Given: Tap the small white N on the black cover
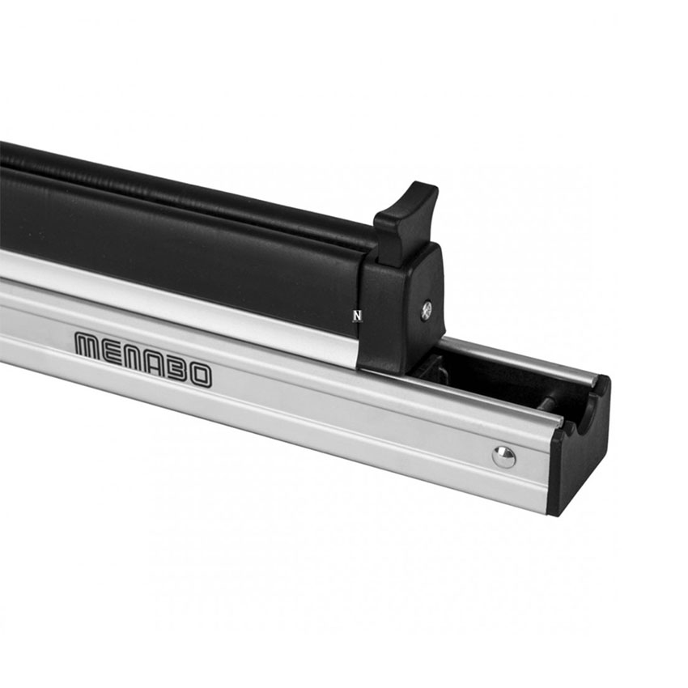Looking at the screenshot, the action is click(357, 315).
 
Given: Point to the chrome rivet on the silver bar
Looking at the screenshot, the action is click(503, 457).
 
